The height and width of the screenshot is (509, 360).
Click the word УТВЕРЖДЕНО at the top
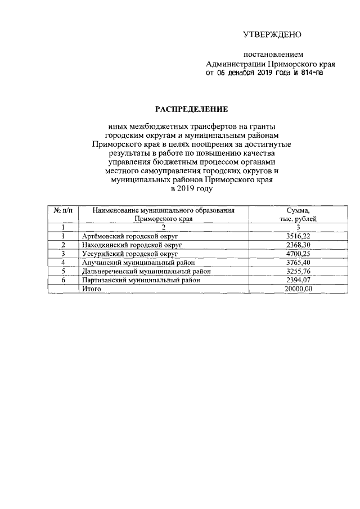(272, 35)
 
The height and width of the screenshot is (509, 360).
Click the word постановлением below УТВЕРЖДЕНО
(273, 55)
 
